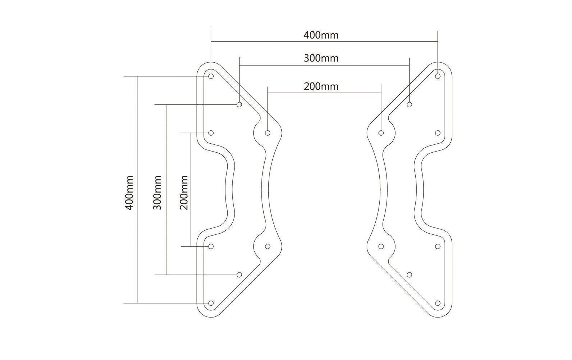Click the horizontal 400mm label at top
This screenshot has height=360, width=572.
click(321, 35)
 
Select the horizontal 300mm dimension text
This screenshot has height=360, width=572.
click(321, 58)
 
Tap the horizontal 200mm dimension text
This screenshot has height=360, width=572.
click(321, 86)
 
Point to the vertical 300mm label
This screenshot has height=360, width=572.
click(157, 193)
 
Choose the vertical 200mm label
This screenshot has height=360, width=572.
click(184, 193)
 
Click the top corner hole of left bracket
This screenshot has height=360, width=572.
click(211, 76)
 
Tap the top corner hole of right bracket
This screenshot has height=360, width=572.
click(438, 76)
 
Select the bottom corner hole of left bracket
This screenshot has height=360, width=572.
click(211, 303)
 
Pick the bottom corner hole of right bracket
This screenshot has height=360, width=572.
click(438, 303)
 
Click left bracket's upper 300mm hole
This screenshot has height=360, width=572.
click(239, 104)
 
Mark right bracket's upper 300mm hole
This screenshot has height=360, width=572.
click(410, 104)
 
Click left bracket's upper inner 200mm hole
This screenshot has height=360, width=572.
click(268, 133)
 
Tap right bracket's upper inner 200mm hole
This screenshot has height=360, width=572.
click(381, 133)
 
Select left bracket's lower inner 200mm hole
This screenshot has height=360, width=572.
click(268, 246)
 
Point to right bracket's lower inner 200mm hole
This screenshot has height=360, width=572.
click(381, 246)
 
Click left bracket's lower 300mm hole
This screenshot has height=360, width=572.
click(239, 275)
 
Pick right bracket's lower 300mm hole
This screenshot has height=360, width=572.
click(410, 275)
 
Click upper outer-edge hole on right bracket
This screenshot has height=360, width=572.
click(438, 133)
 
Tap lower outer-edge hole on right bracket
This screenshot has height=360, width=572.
click(438, 246)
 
